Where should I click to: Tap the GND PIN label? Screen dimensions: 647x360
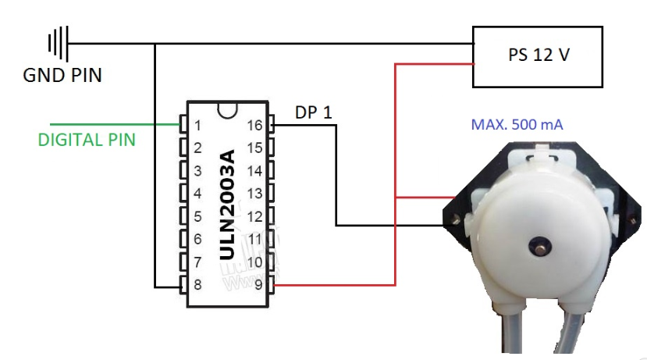62,76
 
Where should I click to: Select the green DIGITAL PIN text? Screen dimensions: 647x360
87,140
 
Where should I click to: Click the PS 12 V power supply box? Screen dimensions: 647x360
538,57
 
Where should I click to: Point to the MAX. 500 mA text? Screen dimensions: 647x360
517,125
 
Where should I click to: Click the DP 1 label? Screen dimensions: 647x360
314,112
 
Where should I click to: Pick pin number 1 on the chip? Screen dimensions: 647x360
197,126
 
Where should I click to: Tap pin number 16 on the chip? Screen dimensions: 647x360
254,126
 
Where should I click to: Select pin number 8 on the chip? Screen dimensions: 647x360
197,284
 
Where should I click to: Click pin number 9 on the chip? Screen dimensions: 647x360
258,284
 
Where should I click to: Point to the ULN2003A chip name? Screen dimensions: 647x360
227,205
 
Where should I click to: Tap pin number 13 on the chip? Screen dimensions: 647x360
254,194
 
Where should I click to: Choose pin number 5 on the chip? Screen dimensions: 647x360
197,216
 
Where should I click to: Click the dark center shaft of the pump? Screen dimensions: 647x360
540,247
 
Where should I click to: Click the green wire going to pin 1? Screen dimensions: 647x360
116,124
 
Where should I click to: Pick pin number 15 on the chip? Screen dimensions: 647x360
254,148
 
